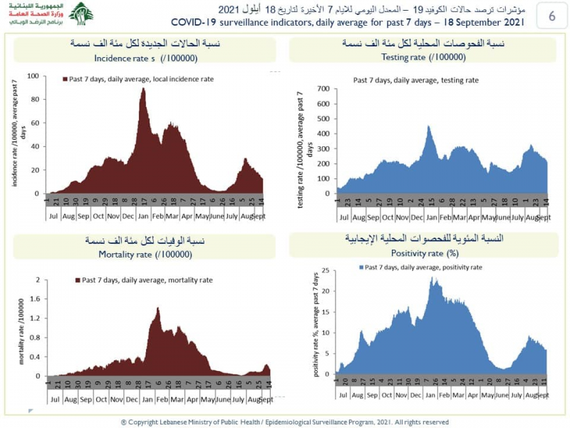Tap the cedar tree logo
[x=81, y=14]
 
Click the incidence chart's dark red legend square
[x=65, y=79]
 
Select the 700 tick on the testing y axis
[x=323, y=88]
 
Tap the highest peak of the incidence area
[x=143, y=88]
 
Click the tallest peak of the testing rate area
[x=429, y=126]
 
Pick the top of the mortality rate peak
[x=157, y=307]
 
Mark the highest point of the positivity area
[x=432, y=277]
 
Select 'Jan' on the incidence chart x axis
[x=143, y=215]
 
